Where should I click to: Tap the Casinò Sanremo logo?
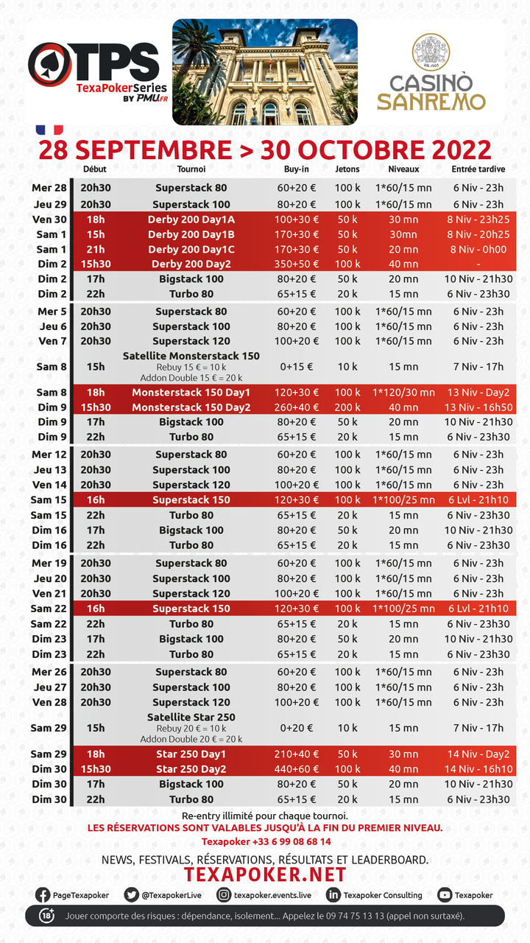431,74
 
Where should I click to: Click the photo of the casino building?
264,72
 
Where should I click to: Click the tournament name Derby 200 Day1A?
191,220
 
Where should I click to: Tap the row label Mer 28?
49,188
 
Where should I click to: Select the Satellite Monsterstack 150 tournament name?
191,356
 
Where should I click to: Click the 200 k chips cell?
347,407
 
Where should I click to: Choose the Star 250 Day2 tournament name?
191,769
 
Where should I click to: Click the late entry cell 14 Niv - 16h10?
478,769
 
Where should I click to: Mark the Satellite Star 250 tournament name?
191,718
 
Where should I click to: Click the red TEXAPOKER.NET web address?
264,874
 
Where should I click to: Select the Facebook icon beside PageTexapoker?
43,895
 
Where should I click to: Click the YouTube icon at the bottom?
445,895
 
